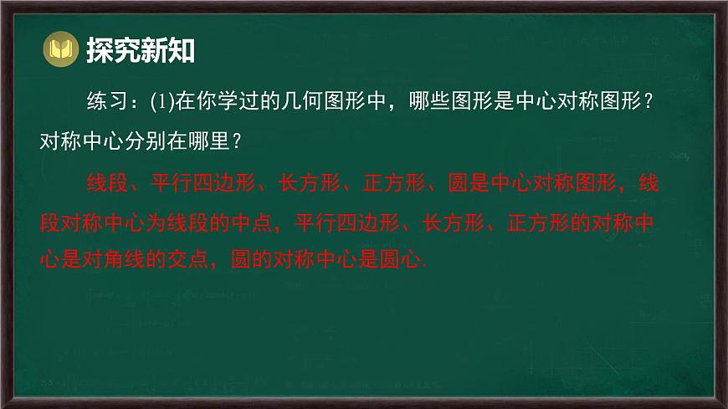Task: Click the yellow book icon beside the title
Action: pos(60,50)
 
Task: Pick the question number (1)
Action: pos(161,104)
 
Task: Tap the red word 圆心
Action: pos(405,260)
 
